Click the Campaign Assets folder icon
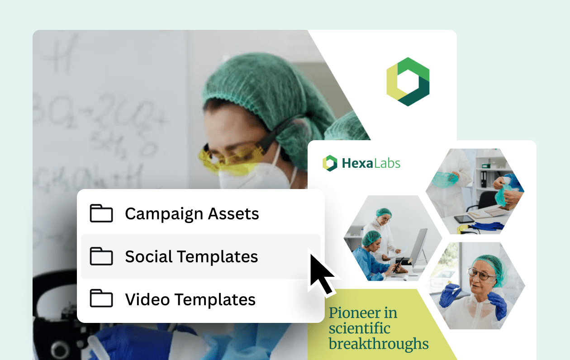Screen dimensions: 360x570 tap(101, 213)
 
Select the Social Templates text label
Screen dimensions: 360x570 tap(191, 256)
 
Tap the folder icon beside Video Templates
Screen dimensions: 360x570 tap(101, 299)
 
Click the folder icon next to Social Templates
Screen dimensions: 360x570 tap(101, 256)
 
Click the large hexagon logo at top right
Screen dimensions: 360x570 tap(408, 82)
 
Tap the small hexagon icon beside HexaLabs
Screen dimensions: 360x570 tap(330, 163)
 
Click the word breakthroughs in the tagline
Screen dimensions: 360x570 tap(379, 344)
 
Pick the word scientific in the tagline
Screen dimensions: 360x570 tap(359, 328)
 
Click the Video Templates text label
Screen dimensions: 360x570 tap(190, 299)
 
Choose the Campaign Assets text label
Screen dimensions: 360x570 tap(192, 214)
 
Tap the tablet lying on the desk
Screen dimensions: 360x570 tap(463, 219)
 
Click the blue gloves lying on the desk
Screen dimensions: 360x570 tap(488, 225)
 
